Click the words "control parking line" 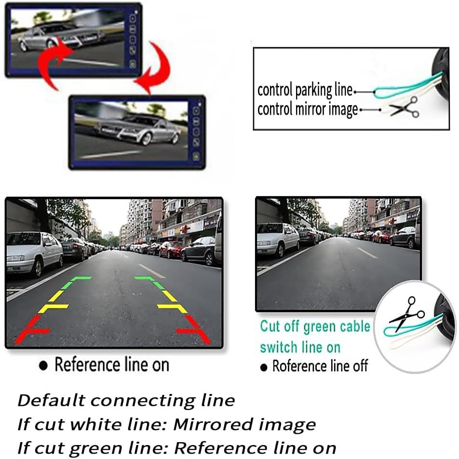(x=305, y=90)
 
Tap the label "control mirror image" (x=308, y=109)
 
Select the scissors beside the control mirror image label (x=404, y=108)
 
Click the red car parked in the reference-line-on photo (x=171, y=250)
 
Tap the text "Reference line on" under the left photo (x=112, y=364)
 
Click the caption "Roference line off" (x=320, y=366)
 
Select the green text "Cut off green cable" (x=315, y=326)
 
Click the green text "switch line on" (x=300, y=348)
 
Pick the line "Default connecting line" (x=126, y=401)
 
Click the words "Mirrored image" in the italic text (x=245, y=424)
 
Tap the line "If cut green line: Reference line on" (x=176, y=448)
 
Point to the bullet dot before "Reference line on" (x=43, y=365)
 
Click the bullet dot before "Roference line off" (x=264, y=367)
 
